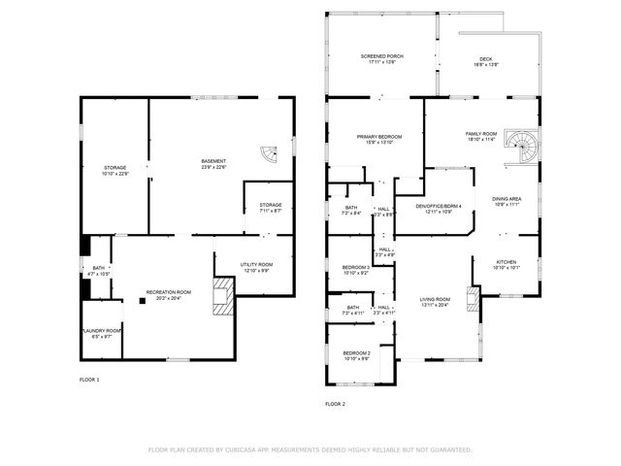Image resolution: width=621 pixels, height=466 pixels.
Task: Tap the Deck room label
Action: click(x=486, y=61)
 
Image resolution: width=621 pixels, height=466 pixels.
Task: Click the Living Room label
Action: click(x=435, y=302)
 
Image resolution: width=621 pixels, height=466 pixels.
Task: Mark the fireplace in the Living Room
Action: click(x=473, y=298)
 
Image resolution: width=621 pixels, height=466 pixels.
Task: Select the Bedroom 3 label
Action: click(x=356, y=270)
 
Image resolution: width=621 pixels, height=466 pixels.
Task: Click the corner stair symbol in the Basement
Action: click(x=269, y=153)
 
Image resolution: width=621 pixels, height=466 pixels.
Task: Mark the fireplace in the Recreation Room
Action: click(x=223, y=296)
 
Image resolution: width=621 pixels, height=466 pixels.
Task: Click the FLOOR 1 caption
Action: click(x=89, y=379)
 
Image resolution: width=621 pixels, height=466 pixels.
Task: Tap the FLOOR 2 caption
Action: click(x=335, y=403)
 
